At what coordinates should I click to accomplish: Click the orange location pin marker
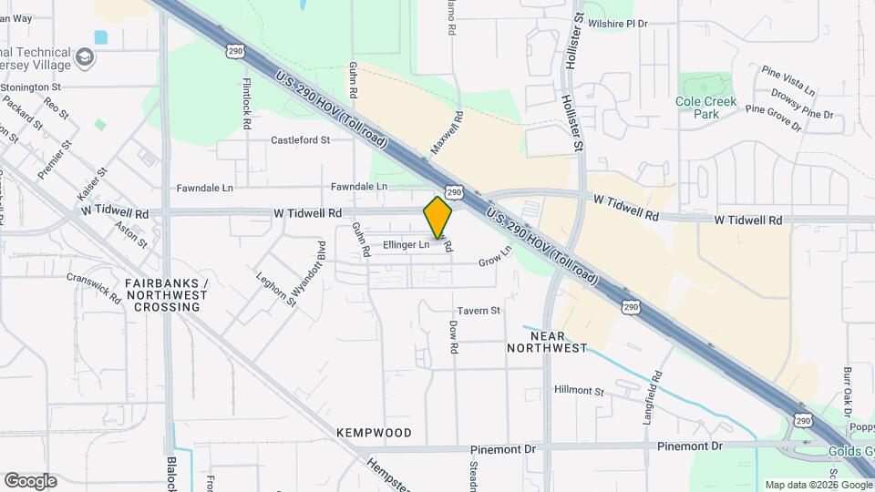click(x=438, y=217)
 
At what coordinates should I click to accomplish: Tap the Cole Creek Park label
click(x=705, y=108)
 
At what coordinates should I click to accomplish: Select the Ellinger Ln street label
click(x=406, y=244)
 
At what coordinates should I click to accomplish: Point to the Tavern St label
click(x=479, y=311)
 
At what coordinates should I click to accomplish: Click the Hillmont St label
click(x=579, y=390)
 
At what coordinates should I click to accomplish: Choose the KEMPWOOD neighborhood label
click(x=374, y=433)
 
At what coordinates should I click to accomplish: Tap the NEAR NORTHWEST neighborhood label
click(x=547, y=342)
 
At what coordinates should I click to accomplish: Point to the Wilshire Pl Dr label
click(x=617, y=24)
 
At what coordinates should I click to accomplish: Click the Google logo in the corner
click(x=30, y=480)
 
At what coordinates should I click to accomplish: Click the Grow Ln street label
click(x=495, y=261)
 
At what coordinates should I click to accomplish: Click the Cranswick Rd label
click(x=94, y=287)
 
